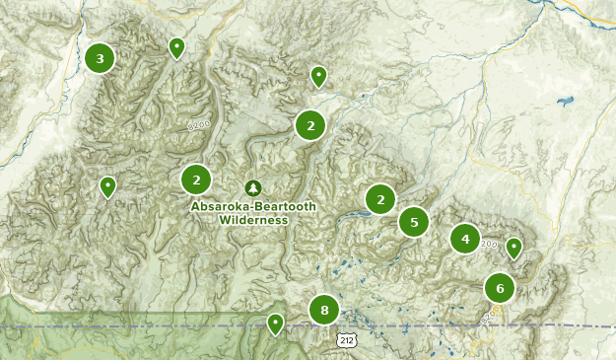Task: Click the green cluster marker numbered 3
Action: tap(100, 58)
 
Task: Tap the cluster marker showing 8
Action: tap(324, 311)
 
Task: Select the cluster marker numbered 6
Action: tap(500, 288)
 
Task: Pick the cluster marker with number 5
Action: tap(414, 222)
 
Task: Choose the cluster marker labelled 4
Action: tap(465, 239)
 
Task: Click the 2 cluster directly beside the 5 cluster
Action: tap(380, 199)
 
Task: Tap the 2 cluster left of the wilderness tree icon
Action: tap(197, 180)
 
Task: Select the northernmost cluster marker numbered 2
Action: tap(310, 125)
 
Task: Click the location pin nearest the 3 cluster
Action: tap(176, 47)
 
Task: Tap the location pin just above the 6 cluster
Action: tap(513, 248)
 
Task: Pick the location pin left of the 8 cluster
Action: tap(275, 323)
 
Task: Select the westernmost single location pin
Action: tap(107, 185)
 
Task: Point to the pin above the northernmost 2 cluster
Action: tap(318, 75)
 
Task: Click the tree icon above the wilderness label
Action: tap(253, 187)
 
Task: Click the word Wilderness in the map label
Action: tap(254, 220)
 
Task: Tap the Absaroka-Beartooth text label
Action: tap(253, 207)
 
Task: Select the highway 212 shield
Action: tap(344, 340)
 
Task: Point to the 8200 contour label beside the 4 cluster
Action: tap(489, 244)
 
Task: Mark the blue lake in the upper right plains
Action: tap(565, 102)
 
